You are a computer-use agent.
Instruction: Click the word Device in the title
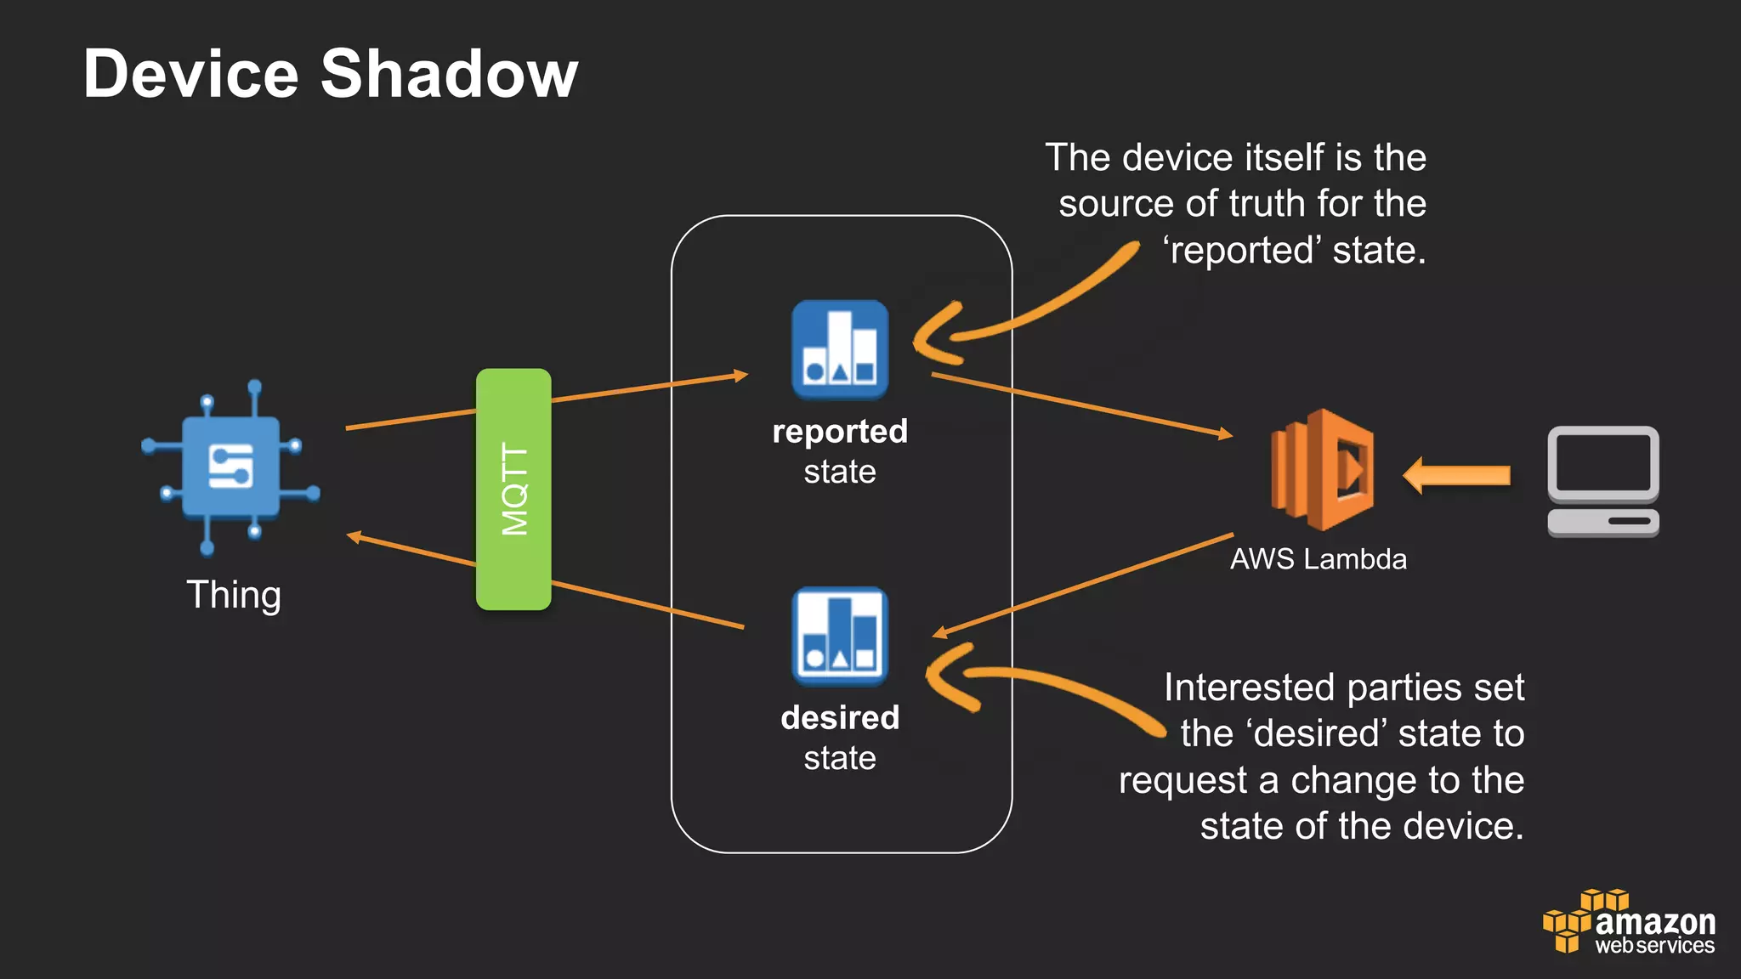tap(191, 75)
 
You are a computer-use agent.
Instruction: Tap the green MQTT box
tap(513, 489)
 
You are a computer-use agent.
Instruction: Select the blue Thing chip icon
tap(230, 467)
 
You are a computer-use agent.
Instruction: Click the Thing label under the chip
tap(234, 595)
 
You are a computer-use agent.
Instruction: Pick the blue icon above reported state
tap(840, 350)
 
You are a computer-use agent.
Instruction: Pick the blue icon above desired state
tap(840, 637)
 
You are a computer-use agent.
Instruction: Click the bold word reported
tap(840, 432)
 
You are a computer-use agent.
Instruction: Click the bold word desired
tap(840, 718)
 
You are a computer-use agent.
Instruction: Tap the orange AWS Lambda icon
tap(1321, 470)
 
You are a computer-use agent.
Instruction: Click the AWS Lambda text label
tap(1318, 559)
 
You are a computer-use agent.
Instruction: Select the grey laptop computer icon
tap(1602, 481)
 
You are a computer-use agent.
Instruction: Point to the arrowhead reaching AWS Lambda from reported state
tap(1225, 434)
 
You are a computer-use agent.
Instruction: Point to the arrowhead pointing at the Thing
tap(355, 536)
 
